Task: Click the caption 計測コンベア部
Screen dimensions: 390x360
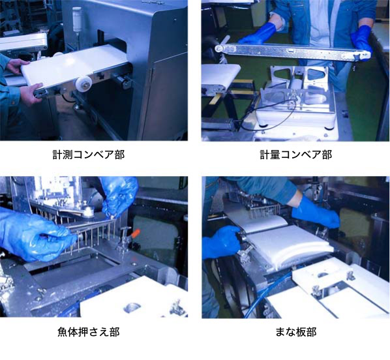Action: click(x=88, y=155)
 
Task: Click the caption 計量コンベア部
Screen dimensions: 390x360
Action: click(x=296, y=155)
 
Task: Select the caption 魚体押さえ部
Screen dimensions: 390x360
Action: click(x=89, y=332)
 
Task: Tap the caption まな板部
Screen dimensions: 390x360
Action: click(x=296, y=332)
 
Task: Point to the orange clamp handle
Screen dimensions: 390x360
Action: click(x=136, y=234)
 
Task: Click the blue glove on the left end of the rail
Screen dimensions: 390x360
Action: click(x=259, y=33)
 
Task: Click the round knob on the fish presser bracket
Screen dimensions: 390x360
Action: click(x=87, y=211)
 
